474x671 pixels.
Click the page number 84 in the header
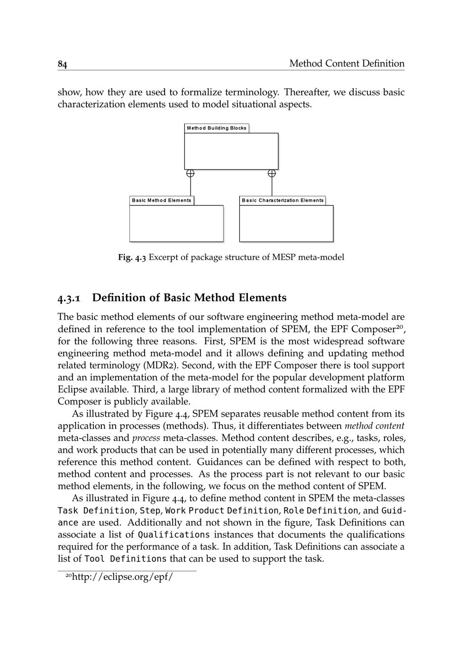[x=62, y=64]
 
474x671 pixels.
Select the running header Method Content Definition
[x=346, y=64]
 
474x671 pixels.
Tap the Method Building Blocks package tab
[x=217, y=128]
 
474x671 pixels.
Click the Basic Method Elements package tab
[x=162, y=200]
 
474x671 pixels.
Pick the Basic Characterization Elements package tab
[x=283, y=200]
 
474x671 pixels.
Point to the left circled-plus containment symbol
[x=190, y=174]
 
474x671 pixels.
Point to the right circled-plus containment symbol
[x=272, y=174]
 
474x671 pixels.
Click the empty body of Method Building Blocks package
[x=231, y=151]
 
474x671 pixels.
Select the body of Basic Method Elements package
[x=176, y=223]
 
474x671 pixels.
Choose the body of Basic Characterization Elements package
[x=286, y=223]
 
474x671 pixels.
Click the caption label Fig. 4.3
[x=132, y=258]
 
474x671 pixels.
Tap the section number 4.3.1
[x=69, y=298]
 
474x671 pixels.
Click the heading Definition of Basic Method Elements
[x=189, y=298]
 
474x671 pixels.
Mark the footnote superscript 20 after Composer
[x=400, y=326]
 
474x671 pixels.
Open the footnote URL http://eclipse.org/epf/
[x=122, y=578]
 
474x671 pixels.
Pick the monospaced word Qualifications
[x=174, y=535]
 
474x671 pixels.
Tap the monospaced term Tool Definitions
[x=125, y=559]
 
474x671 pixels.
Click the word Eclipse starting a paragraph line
[x=73, y=390]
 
